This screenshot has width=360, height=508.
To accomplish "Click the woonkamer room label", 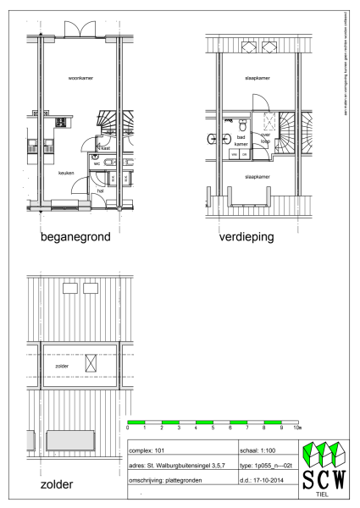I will click(80, 77).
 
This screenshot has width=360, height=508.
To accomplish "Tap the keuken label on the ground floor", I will click(66, 173).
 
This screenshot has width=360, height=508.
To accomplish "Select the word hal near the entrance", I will click(100, 191).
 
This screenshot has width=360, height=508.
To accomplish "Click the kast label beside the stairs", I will click(105, 148).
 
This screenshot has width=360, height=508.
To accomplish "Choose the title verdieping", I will click(246, 238).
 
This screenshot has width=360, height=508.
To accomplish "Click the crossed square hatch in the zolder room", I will click(91, 363).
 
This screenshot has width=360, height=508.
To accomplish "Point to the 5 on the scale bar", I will click(213, 428).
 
